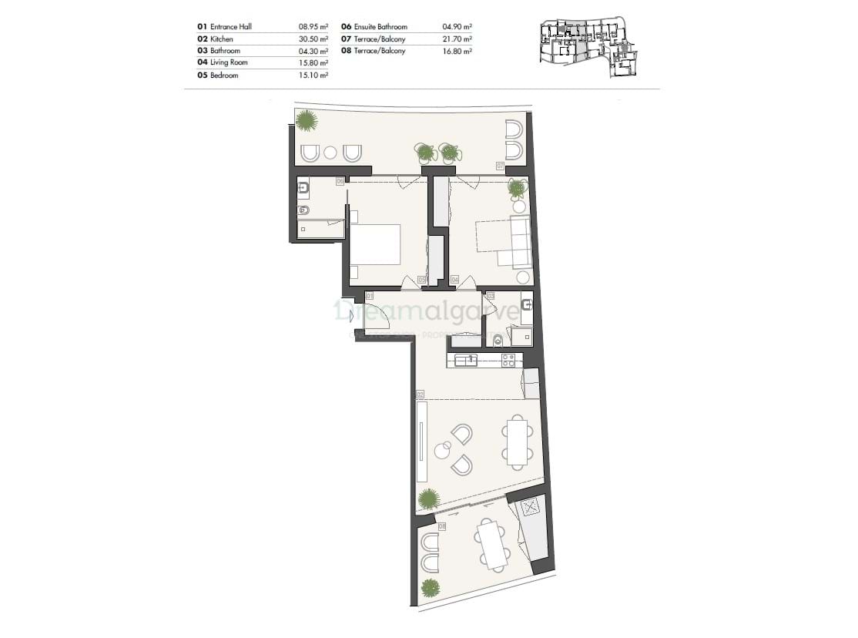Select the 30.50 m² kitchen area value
pos(313,39)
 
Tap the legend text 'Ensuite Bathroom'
pos(380,26)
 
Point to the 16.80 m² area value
pos(457,51)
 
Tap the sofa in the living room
pos(519,241)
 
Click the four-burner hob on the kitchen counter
pos(508,360)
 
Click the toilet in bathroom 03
pos(498,340)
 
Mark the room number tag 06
pos(340,181)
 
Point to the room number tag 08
pos(442,526)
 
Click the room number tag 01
pos(370,295)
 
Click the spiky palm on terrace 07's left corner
pos(307,120)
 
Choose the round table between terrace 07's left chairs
pos(331,153)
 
